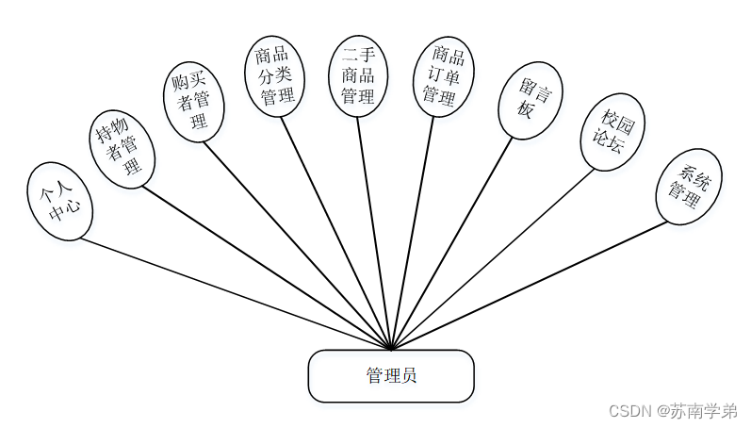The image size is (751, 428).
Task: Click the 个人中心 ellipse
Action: [60, 201]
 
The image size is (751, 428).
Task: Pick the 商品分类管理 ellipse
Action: [275, 74]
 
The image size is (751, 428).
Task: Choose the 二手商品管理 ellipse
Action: [357, 76]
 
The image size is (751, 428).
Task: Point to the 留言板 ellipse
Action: [531, 101]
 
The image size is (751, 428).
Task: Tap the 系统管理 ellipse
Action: [689, 185]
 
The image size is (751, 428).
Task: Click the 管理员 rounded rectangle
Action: [391, 376]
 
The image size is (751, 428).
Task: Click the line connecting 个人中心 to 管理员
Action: [236, 293]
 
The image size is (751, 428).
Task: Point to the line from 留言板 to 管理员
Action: [452, 243]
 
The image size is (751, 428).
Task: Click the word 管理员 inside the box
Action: [391, 376]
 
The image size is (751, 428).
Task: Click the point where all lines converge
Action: [391, 349]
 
